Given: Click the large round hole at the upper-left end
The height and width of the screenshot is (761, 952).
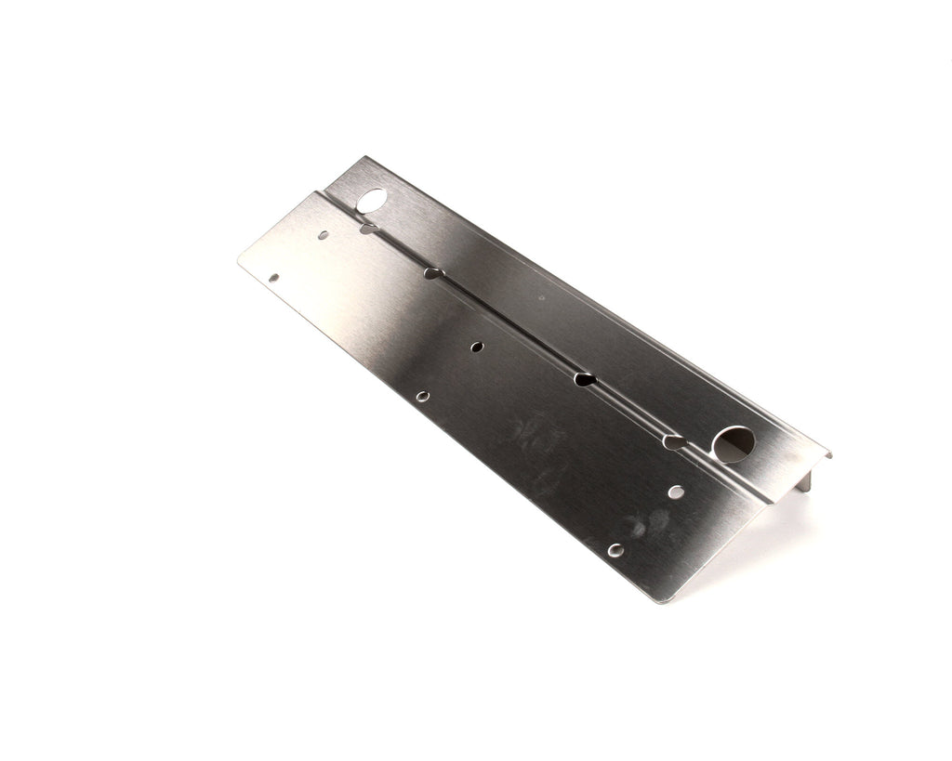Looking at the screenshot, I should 372,199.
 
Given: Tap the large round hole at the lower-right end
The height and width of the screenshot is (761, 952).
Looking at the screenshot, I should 735,443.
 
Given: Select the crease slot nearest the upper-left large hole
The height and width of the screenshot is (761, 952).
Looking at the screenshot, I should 368,227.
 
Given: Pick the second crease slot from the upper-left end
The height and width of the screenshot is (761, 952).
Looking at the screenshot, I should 431,273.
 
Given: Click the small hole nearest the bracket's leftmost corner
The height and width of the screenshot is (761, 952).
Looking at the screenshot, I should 273,276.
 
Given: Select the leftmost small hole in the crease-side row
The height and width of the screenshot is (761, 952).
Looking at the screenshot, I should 323,235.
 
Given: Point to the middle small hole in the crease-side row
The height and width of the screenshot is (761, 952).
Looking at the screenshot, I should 477,347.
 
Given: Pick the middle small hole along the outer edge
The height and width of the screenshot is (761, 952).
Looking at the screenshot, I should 423,396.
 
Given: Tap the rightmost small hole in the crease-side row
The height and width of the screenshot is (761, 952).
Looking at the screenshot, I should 677,491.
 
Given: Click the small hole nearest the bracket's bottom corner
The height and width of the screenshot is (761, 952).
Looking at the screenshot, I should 615,550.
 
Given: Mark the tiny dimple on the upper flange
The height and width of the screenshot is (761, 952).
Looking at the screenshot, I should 542,298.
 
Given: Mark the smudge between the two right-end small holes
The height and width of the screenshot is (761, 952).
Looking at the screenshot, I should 648,525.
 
